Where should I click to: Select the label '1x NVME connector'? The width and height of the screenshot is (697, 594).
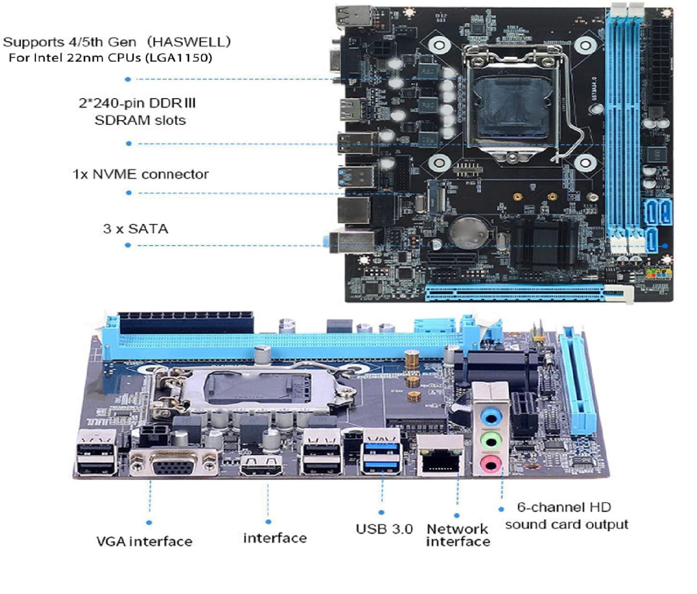coord(141,174)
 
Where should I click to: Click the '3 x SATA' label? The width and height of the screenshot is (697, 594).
coord(135,229)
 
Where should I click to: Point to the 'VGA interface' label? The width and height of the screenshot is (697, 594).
coord(144,541)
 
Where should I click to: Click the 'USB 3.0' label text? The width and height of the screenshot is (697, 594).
coord(384,529)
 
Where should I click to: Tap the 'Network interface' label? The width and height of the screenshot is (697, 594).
coord(458,535)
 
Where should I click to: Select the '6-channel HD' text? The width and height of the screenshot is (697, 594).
coord(564,507)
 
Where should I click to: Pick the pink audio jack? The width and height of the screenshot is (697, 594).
coord(490,464)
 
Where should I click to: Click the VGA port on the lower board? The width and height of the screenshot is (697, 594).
coord(174,464)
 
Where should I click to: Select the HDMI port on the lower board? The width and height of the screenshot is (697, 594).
coord(261,465)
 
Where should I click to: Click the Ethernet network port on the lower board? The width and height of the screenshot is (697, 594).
coord(440,455)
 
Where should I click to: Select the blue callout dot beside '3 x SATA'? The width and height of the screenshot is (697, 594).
coord(128,245)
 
